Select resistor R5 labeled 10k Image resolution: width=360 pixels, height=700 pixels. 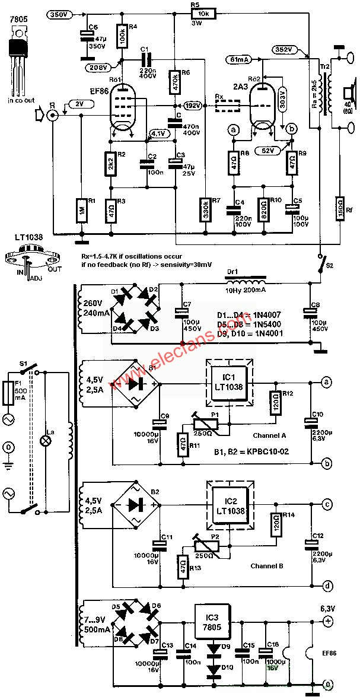200,13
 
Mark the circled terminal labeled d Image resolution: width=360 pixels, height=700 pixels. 327,586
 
